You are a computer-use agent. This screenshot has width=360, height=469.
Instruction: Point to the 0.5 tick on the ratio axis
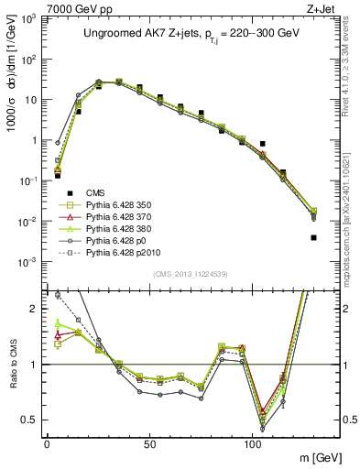30,420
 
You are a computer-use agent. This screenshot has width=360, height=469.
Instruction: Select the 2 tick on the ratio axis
34,309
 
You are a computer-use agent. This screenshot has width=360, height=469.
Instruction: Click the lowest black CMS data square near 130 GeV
313,237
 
